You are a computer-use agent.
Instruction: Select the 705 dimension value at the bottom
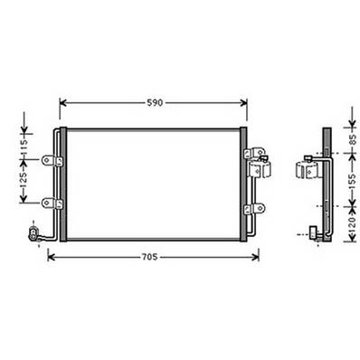(150, 257)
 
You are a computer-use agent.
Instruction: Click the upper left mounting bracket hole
(58, 162)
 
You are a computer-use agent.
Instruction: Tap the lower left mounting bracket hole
(58, 204)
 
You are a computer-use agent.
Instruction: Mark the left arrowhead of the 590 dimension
(62, 102)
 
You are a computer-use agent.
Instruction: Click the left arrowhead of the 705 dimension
(49, 257)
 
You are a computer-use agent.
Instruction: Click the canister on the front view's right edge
(263, 168)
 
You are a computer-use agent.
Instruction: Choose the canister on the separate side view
(306, 170)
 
